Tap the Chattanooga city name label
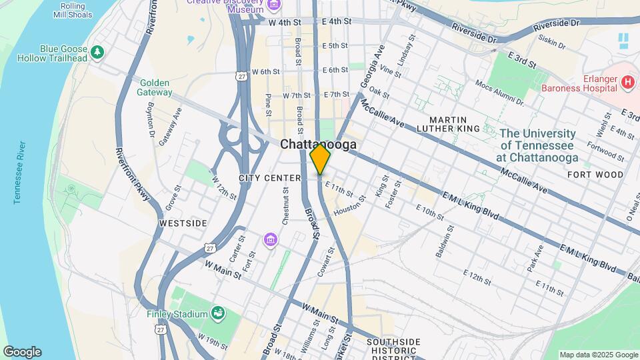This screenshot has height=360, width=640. pyautogui.click(x=318, y=144)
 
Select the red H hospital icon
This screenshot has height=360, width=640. pyautogui.click(x=627, y=83)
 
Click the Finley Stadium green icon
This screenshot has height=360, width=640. pyautogui.click(x=217, y=313)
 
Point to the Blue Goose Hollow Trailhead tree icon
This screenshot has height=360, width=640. pyautogui.click(x=97, y=51)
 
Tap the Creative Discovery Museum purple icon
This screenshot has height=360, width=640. pyautogui.click(x=273, y=7)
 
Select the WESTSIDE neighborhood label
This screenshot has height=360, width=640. pyautogui.click(x=183, y=223)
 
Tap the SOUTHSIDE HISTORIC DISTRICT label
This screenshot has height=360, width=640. pyautogui.click(x=393, y=350)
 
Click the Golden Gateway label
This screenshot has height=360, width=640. pyautogui.click(x=155, y=87)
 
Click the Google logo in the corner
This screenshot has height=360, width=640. pyautogui.click(x=22, y=352)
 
